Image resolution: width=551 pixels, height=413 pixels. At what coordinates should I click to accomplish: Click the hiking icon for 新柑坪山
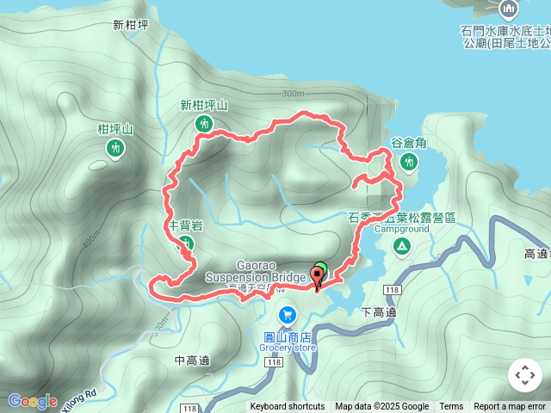[204, 124]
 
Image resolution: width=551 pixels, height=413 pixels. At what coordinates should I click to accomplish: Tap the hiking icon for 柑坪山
[115, 149]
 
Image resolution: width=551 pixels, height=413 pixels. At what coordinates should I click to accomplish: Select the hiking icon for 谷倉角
[408, 161]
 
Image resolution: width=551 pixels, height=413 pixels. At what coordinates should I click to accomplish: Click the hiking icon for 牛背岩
[185, 244]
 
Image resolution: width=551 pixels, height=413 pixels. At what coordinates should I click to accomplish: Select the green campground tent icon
[401, 247]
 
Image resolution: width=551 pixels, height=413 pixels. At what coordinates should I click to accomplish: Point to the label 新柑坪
[131, 25]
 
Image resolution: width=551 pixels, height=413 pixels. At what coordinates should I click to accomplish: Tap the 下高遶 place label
[379, 312]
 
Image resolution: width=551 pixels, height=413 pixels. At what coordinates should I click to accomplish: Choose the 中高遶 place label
[192, 361]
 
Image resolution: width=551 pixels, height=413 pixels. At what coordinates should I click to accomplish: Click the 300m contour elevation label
[293, 93]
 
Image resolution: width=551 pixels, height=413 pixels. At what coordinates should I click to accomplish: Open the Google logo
[32, 401]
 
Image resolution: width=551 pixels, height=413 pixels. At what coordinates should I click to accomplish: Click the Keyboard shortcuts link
[288, 407]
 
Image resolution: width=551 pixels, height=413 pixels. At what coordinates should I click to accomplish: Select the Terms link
[451, 407]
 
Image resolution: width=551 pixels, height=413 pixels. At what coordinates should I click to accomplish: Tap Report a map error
[510, 407]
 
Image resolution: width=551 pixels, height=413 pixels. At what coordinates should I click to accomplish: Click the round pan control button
[524, 375]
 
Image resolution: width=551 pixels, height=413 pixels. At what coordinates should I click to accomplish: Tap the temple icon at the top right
[507, 9]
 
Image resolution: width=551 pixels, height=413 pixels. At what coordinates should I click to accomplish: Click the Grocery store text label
[288, 348]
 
